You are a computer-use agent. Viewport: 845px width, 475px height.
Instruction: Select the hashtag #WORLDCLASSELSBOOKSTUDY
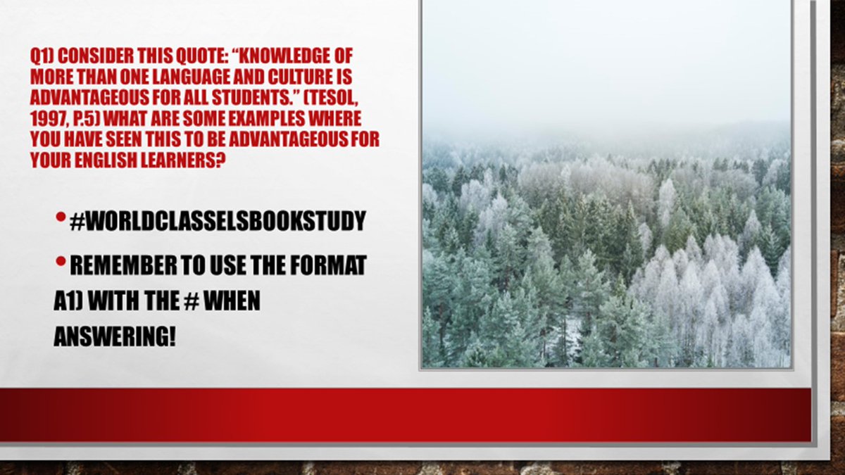tap(218, 221)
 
